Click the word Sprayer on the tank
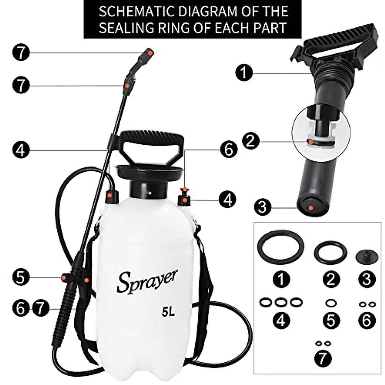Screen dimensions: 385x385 click(147, 281)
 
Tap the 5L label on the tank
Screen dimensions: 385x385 click(168, 312)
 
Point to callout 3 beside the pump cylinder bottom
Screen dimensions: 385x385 click(262, 207)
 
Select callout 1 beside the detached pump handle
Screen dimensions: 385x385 click(244, 73)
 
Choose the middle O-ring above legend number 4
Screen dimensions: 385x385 click(281, 302)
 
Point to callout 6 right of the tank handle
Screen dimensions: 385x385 click(229, 150)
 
